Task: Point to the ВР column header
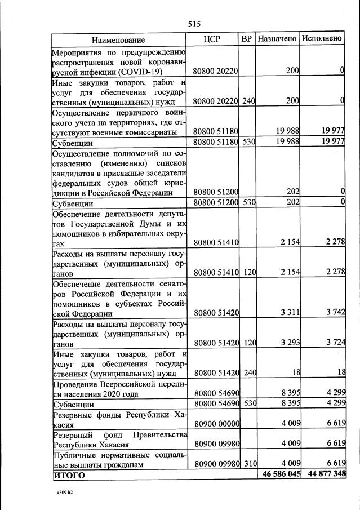click(x=246, y=39)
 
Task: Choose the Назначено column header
click(x=277, y=39)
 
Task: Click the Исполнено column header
click(x=322, y=39)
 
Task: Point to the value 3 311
click(x=288, y=313)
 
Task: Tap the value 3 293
click(x=288, y=343)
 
